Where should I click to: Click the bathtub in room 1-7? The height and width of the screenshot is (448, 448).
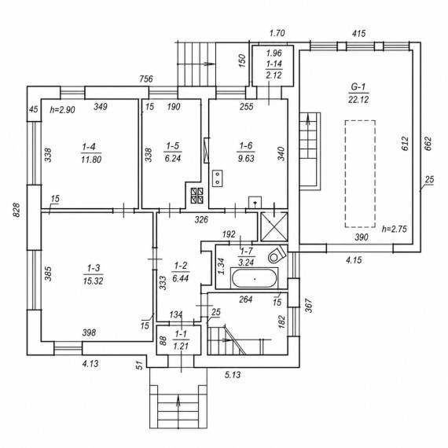tap(255, 278)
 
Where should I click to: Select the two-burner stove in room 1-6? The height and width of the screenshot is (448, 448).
tap(218, 178)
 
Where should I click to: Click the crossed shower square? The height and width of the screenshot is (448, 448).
tap(274, 227)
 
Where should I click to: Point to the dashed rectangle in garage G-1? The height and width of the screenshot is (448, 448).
tap(360, 174)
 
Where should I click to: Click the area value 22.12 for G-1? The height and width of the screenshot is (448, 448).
tap(358, 100)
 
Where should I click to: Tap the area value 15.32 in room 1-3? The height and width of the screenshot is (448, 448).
tap(94, 281)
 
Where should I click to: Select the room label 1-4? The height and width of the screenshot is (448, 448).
tap(89, 147)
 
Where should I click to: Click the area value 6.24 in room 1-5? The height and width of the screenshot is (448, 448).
tap(173, 158)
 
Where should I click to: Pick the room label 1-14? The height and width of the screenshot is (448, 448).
tap(274, 64)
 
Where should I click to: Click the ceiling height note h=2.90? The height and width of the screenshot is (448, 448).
tap(63, 110)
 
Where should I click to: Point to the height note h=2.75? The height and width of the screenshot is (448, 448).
tap(395, 229)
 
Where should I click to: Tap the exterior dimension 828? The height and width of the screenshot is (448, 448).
tap(17, 210)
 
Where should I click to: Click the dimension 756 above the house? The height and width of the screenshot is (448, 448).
tap(146, 79)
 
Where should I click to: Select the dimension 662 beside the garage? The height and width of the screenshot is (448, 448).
tap(428, 144)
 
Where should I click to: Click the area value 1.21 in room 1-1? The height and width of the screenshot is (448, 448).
tap(181, 347)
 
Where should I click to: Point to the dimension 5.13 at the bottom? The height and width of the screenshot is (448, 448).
tap(233, 375)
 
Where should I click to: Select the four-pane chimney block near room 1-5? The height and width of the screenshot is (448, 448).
tap(197, 196)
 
